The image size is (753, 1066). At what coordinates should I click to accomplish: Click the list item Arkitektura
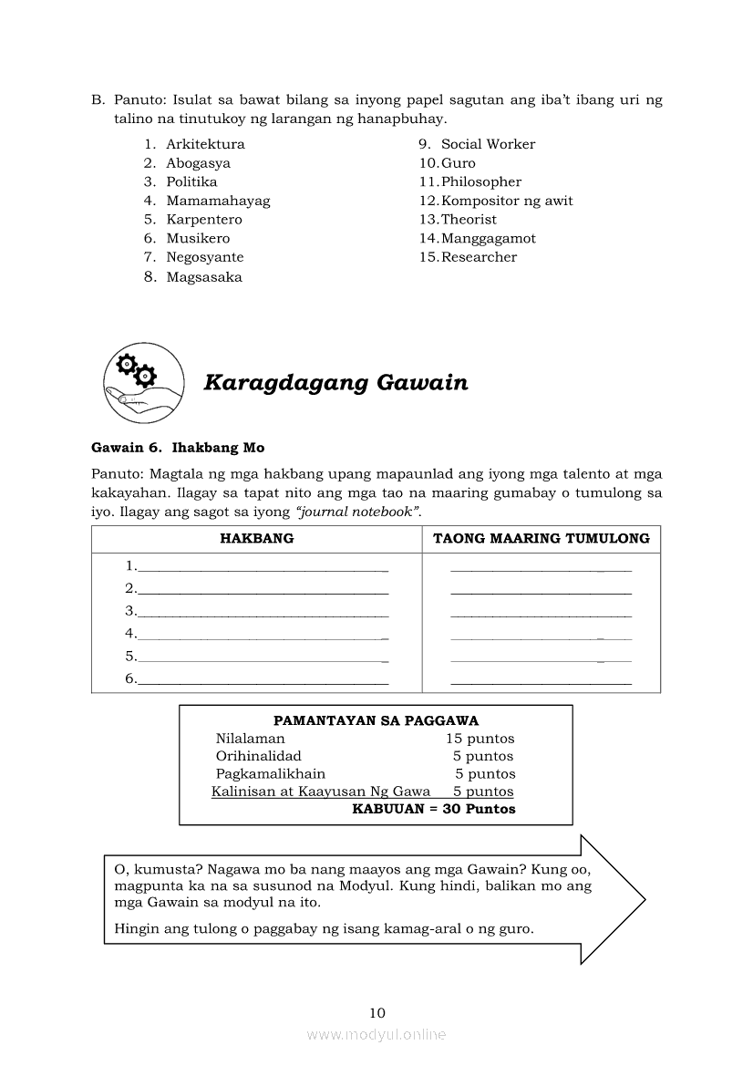pyautogui.click(x=205, y=144)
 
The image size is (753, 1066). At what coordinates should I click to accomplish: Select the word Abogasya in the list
pyautogui.click(x=198, y=163)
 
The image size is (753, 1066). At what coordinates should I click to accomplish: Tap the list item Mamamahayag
pyautogui.click(x=218, y=201)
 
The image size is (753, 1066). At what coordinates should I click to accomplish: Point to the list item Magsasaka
pyautogui.click(x=204, y=277)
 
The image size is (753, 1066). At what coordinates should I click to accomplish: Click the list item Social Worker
pyautogui.click(x=488, y=144)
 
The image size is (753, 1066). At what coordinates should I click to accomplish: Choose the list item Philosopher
pyautogui.click(x=481, y=181)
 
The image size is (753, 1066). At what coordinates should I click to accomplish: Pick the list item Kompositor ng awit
pyautogui.click(x=507, y=201)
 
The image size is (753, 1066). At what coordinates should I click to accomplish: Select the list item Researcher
pyautogui.click(x=479, y=257)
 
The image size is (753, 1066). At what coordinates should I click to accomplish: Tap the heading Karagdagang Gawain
pyautogui.click(x=335, y=383)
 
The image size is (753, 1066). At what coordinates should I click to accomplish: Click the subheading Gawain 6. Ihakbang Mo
pyautogui.click(x=178, y=448)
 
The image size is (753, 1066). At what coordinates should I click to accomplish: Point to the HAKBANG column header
pyautogui.click(x=257, y=538)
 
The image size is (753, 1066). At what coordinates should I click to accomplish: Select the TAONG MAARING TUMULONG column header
pyautogui.click(x=542, y=538)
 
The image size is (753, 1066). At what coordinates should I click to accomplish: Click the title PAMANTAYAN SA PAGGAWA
pyautogui.click(x=376, y=720)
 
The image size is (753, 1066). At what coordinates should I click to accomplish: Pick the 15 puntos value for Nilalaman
pyautogui.click(x=480, y=739)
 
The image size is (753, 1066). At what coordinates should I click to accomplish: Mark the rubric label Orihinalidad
pyautogui.click(x=258, y=756)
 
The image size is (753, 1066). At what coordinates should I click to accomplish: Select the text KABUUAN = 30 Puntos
pyautogui.click(x=433, y=809)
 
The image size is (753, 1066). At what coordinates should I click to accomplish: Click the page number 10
pyautogui.click(x=377, y=1012)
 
